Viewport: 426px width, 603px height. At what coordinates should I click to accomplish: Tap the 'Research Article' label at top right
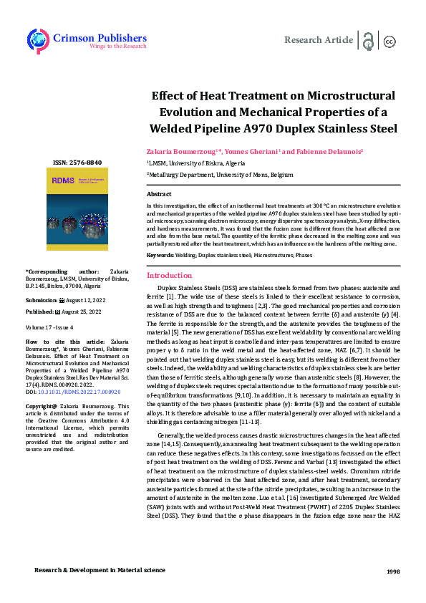coord(319,40)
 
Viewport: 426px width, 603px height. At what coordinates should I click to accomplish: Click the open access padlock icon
coord(368,41)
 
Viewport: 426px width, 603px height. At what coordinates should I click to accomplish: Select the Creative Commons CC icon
coord(390,42)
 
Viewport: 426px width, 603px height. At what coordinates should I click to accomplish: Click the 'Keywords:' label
coord(160,256)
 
